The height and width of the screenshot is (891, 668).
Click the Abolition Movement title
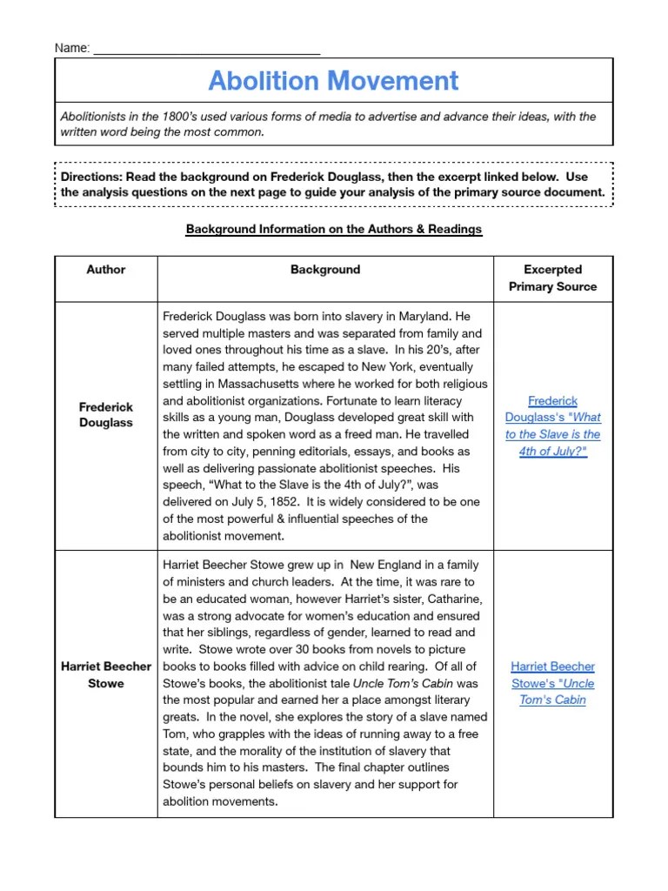(333, 81)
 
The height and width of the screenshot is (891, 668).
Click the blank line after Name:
(206, 49)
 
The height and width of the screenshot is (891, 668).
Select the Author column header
(106, 270)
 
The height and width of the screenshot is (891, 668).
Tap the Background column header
(325, 270)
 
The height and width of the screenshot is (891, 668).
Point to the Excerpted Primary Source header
(553, 278)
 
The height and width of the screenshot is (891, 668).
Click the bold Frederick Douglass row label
(106, 415)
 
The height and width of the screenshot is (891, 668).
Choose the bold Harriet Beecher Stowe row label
(106, 674)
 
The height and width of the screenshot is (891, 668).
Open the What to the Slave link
(553, 425)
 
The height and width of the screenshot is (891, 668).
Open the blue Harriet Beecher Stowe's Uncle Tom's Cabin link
(553, 682)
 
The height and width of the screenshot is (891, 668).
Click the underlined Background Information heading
(333, 230)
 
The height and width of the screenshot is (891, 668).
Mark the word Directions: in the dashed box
(91, 176)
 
